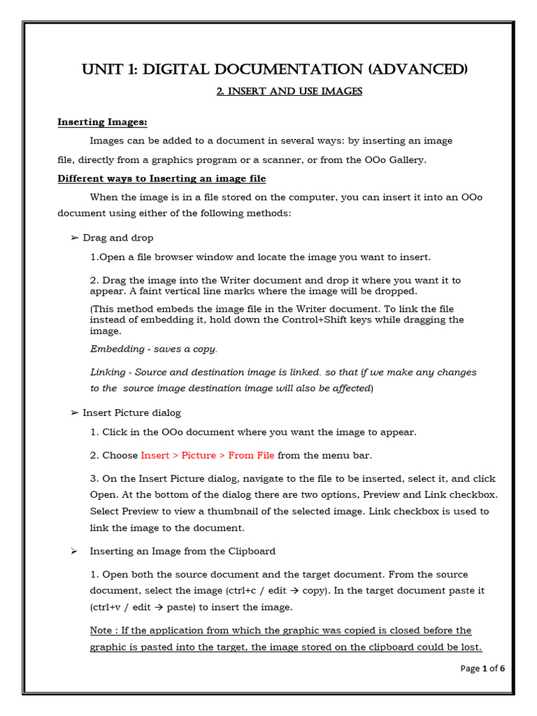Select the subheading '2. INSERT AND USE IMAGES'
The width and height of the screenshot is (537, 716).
pos(289,92)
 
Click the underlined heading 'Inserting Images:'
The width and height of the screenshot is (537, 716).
pos(102,123)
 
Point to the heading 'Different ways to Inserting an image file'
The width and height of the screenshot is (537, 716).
pos(161,178)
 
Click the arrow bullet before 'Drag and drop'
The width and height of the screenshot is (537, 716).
pos(75,238)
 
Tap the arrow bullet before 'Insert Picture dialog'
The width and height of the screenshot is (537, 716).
pos(75,413)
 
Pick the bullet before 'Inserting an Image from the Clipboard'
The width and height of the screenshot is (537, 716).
pos(73,552)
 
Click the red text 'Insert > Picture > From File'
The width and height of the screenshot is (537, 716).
pos(208,455)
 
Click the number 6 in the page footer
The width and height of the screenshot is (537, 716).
pos(501,668)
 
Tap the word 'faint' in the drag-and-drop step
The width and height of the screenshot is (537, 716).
pos(152,291)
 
